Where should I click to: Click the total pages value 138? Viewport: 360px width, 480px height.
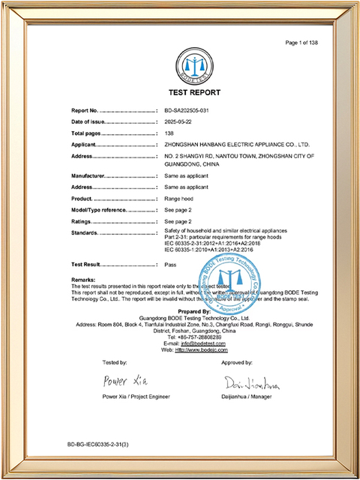[169, 133]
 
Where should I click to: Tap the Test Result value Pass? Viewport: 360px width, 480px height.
[170, 265]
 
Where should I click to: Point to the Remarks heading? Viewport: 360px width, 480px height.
[82, 280]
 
